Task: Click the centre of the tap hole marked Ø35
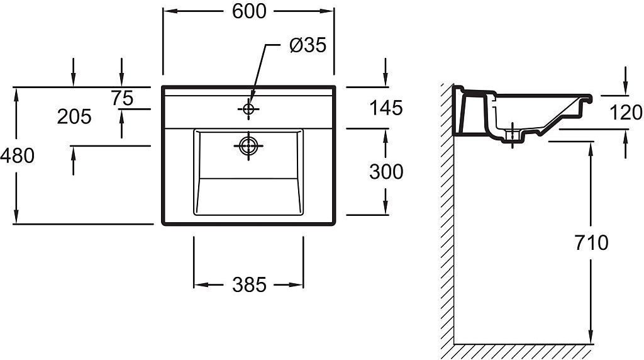click(248, 109)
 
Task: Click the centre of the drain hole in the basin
click(248, 145)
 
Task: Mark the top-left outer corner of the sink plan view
click(162, 86)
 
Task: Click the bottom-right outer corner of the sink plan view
click(335, 225)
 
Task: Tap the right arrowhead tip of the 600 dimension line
click(333, 11)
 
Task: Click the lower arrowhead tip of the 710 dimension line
click(591, 344)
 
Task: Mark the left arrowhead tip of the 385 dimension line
click(194, 284)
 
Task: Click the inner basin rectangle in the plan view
click(248, 172)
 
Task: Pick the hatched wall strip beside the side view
click(447, 214)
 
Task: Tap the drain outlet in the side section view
click(513, 135)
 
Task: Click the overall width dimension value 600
click(249, 11)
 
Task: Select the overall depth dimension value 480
click(17, 155)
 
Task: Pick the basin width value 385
click(249, 284)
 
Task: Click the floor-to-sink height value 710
click(591, 243)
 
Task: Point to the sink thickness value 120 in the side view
click(626, 112)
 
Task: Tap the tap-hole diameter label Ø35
click(308, 45)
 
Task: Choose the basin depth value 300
click(386, 172)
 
